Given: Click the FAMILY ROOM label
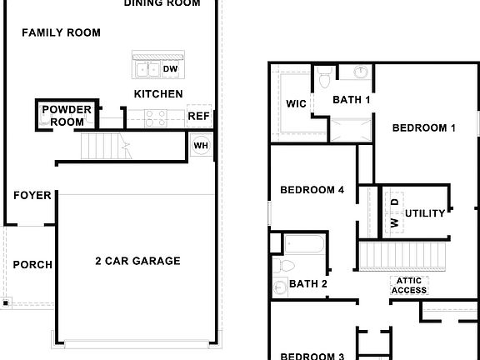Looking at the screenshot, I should [x=61, y=32].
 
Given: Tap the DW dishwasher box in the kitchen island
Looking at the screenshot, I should [x=170, y=69].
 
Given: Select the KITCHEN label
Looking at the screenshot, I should [x=158, y=94].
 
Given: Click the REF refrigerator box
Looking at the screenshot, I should [x=198, y=117].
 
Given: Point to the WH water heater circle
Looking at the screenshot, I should [x=201, y=146].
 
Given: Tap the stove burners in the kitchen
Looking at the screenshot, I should [x=156, y=117].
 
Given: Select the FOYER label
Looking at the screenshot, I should [x=32, y=196].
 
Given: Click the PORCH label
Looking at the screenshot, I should [x=32, y=265].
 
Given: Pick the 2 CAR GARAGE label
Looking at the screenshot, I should [x=137, y=261].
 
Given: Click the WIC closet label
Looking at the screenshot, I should [x=296, y=105].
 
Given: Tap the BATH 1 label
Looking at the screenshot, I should [x=351, y=100].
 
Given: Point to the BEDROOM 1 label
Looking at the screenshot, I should [x=424, y=128].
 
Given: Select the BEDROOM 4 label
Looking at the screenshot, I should [x=312, y=190].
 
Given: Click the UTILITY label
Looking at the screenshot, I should [x=426, y=213].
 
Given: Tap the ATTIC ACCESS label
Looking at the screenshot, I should [x=409, y=286].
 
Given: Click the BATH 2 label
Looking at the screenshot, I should [x=307, y=284].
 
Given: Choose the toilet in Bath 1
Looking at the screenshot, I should [x=324, y=78].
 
